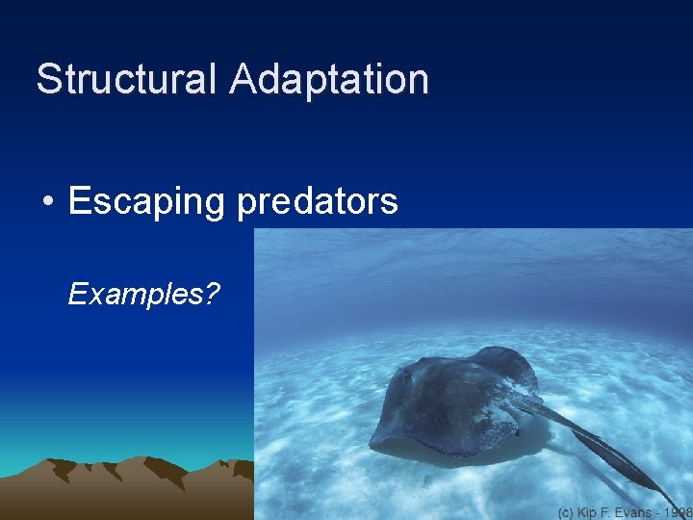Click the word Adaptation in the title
(329, 79)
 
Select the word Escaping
(146, 202)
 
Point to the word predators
(317, 202)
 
